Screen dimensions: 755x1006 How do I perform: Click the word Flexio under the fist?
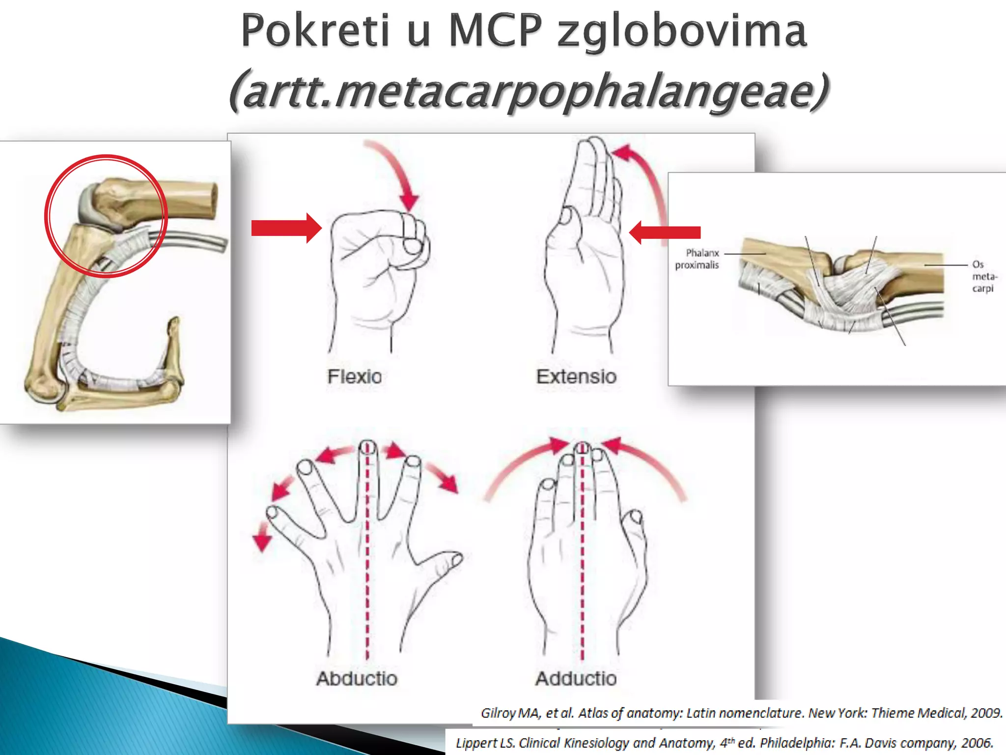click(354, 377)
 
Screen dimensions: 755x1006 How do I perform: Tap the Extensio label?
click(576, 377)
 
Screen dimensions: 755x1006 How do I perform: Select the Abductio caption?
click(357, 678)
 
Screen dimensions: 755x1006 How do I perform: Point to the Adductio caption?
click(576, 678)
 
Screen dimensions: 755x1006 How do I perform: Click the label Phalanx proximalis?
click(697, 259)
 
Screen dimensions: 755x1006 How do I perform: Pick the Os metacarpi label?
click(983, 276)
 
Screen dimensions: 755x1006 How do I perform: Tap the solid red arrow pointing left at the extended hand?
click(665, 232)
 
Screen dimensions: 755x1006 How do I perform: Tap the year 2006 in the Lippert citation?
click(978, 743)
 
